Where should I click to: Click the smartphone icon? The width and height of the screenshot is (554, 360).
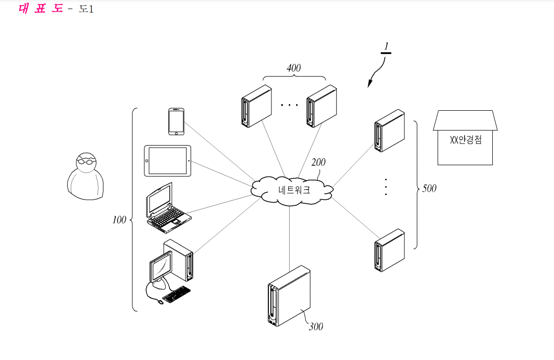point(176,121)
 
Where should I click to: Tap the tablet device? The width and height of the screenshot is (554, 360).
point(168,161)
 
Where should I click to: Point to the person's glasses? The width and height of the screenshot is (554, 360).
point(86,161)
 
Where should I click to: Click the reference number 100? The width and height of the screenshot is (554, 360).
point(119,220)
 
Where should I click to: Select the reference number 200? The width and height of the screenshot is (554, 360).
point(318,162)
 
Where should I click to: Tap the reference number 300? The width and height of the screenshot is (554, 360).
point(316,327)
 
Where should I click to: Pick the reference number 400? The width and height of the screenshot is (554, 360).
point(294,68)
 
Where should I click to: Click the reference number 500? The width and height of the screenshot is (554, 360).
point(429,189)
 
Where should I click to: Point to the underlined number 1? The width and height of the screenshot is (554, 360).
point(386,47)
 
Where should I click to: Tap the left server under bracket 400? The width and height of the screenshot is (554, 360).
point(257,106)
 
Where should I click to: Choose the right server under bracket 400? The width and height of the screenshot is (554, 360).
point(321,106)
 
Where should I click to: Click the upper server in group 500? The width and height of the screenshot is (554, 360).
point(390,130)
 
